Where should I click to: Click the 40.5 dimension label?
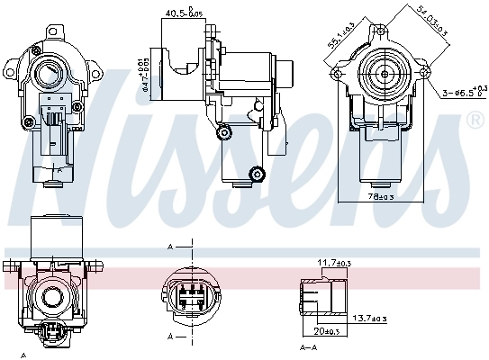pos(183,13)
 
